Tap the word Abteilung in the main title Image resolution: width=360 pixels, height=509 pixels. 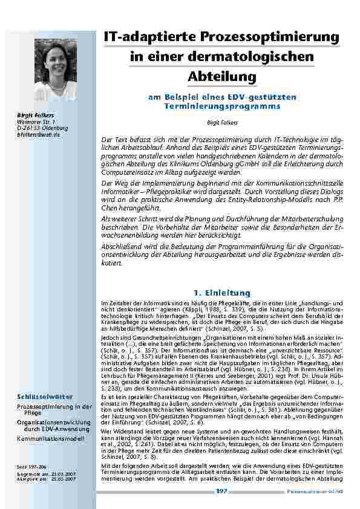coord(222,77)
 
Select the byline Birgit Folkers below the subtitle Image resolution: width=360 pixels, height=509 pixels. coord(222,122)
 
